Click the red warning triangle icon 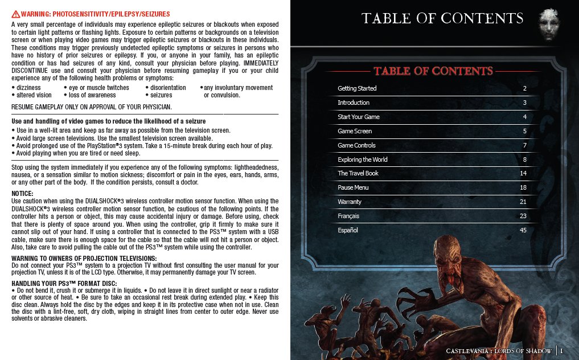tap(15, 13)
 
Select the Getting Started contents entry tap(357, 88)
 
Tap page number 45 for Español tap(523, 230)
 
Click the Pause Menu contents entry tap(353, 187)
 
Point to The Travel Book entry tap(358, 173)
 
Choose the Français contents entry tap(348, 216)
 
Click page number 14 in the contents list tap(523, 173)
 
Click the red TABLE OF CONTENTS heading tap(433, 71)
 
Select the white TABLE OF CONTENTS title tap(442, 19)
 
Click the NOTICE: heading tap(23, 194)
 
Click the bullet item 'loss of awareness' tap(92, 95)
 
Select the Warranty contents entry tap(350, 202)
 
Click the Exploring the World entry tap(363, 159)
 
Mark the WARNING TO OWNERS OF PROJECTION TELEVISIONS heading tap(84, 259)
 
